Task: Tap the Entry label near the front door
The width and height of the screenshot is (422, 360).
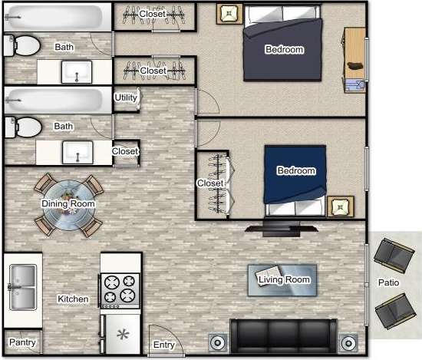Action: pos(163,345)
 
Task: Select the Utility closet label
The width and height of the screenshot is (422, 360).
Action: pos(126,97)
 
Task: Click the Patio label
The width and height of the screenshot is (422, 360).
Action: pos(388,282)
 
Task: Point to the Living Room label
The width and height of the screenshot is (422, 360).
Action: pos(284,279)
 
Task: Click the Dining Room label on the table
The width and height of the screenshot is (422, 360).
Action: pos(68,203)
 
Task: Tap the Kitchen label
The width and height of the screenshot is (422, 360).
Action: pos(73,299)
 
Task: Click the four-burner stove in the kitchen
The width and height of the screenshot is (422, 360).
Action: pos(120,290)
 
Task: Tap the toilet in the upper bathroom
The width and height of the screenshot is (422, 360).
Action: pos(23,46)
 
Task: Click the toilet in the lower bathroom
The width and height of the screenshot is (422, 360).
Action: pos(23,126)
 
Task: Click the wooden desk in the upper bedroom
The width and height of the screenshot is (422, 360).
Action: pos(354,58)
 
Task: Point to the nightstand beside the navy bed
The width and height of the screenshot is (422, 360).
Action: pos(340,207)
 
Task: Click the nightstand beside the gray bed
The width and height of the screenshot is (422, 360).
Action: pos(229,13)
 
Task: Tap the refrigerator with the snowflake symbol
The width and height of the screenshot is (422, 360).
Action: pos(121,335)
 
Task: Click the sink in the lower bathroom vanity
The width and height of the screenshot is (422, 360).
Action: pos(77,150)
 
